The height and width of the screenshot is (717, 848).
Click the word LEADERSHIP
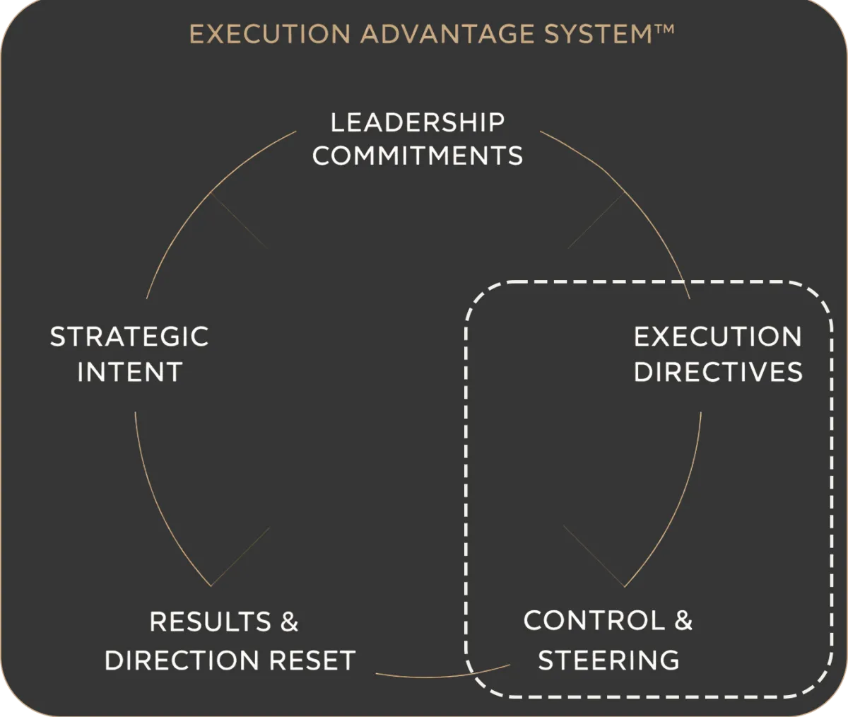click(418, 122)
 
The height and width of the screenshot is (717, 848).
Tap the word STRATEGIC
click(129, 337)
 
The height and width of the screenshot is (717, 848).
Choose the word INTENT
click(129, 373)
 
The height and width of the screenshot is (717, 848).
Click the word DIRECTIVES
click(718, 373)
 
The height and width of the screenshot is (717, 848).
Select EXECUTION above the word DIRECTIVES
click(718, 337)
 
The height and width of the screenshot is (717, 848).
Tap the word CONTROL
click(594, 621)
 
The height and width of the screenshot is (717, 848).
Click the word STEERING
click(608, 660)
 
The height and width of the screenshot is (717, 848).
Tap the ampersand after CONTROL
click(683, 621)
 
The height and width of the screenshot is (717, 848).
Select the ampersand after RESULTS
click(290, 622)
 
